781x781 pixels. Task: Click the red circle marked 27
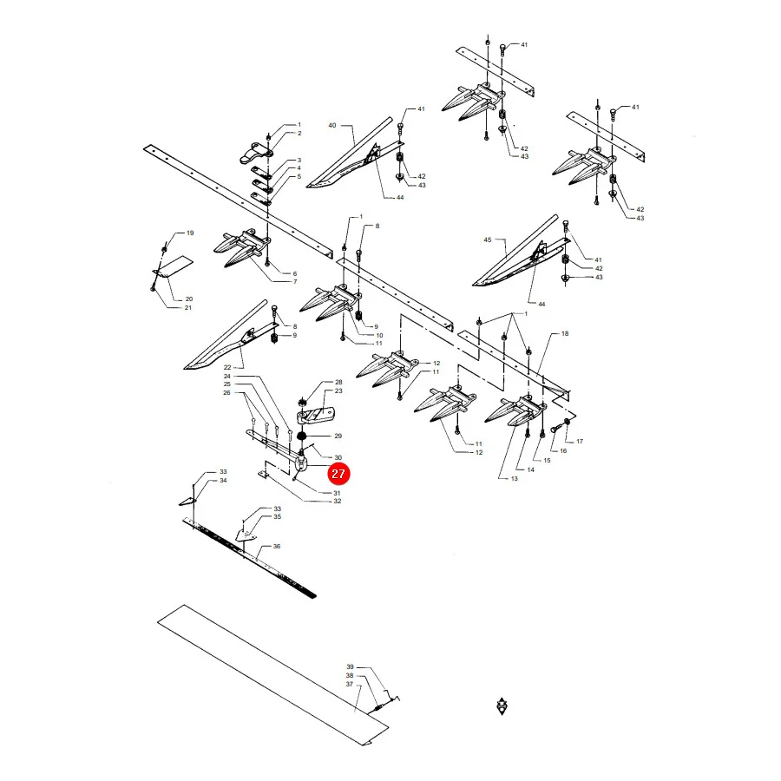[338, 473]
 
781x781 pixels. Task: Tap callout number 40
[332, 126]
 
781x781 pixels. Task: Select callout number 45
[488, 240]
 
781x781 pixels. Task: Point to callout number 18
[565, 334]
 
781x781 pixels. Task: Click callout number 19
[190, 233]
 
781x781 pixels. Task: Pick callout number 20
[189, 299]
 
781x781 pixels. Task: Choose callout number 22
[227, 368]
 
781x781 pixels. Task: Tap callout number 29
[338, 436]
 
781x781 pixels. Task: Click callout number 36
[277, 547]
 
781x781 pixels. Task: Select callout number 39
[351, 667]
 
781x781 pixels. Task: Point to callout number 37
[350, 685]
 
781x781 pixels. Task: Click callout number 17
[580, 442]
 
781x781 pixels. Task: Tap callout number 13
[514, 479]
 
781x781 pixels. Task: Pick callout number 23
[338, 391]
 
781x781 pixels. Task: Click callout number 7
[295, 282]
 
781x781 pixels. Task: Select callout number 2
[299, 134]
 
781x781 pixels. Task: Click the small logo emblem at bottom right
[502, 706]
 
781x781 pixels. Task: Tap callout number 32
[338, 501]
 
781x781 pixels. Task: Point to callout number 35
[278, 517]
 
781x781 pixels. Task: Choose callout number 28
[338, 382]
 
